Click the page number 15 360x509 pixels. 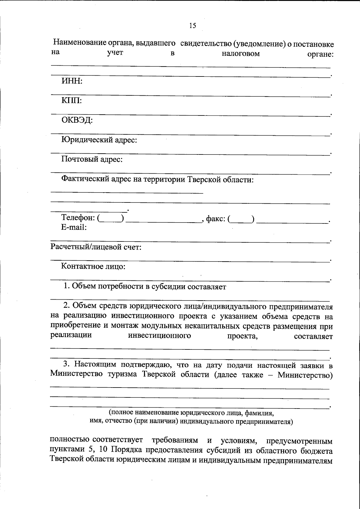tap(193, 26)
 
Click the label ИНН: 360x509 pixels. tap(72, 81)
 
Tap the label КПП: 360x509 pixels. tap(72, 101)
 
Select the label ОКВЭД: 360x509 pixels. tap(77, 120)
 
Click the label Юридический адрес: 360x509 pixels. tap(99, 140)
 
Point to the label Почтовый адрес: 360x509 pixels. tap(92, 159)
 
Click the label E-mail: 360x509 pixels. tap(74, 227)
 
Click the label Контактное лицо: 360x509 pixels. tap(93, 266)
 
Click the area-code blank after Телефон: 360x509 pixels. tap(111, 219)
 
